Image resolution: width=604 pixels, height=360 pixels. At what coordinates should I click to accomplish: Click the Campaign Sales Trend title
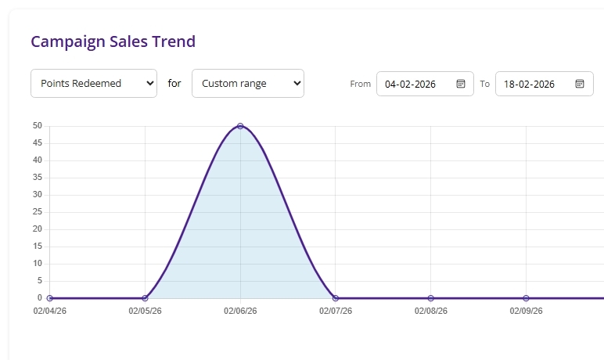tap(113, 41)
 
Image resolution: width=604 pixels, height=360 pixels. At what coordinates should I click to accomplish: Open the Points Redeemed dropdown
tap(93, 83)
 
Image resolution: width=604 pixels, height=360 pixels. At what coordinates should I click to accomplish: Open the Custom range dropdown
tap(247, 83)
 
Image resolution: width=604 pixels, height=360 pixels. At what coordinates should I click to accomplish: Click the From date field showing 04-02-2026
tap(415, 84)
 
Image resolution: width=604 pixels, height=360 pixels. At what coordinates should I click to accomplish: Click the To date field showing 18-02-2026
tap(534, 84)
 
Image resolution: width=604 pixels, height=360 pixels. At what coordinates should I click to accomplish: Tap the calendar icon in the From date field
tap(461, 84)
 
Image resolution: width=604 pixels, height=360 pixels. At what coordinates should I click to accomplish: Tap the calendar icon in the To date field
tap(580, 84)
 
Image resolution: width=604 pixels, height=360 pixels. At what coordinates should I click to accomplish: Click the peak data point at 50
tap(240, 126)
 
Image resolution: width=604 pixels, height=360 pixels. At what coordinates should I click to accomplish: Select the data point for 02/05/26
tap(145, 298)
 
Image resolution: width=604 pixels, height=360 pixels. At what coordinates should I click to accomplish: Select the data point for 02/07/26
tap(336, 298)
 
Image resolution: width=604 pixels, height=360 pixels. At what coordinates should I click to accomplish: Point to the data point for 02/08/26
tap(431, 298)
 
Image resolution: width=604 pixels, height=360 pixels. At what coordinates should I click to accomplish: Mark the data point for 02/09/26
tap(526, 298)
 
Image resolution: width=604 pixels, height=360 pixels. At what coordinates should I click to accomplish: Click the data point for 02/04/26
tap(50, 298)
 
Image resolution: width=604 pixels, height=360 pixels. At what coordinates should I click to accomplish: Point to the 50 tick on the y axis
tap(37, 126)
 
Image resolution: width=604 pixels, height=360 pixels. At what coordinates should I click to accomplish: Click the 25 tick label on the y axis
tap(37, 212)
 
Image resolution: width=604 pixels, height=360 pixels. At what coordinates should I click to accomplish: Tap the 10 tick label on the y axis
tap(37, 264)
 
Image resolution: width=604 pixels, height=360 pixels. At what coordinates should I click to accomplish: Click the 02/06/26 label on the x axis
tap(240, 311)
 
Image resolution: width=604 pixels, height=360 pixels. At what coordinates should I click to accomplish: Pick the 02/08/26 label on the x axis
tap(431, 311)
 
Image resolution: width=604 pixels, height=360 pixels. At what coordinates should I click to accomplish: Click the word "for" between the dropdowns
tap(174, 83)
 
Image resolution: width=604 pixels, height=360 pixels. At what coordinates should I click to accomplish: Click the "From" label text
tap(360, 84)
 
